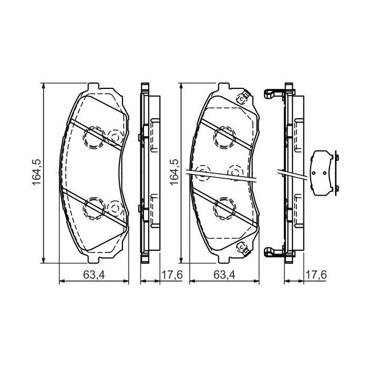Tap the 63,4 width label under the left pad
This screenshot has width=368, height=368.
pos(93,274)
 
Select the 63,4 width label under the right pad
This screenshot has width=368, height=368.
pos(224,274)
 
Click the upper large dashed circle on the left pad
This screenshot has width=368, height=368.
pos(95,138)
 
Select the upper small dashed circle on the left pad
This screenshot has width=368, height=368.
pos(114,137)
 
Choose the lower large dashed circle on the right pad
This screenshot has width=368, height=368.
pos(223,207)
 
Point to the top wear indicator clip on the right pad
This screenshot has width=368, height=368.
pos(242,98)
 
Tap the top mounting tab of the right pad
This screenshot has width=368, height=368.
pos(223,86)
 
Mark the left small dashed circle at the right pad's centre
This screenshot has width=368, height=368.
pos(201,171)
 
